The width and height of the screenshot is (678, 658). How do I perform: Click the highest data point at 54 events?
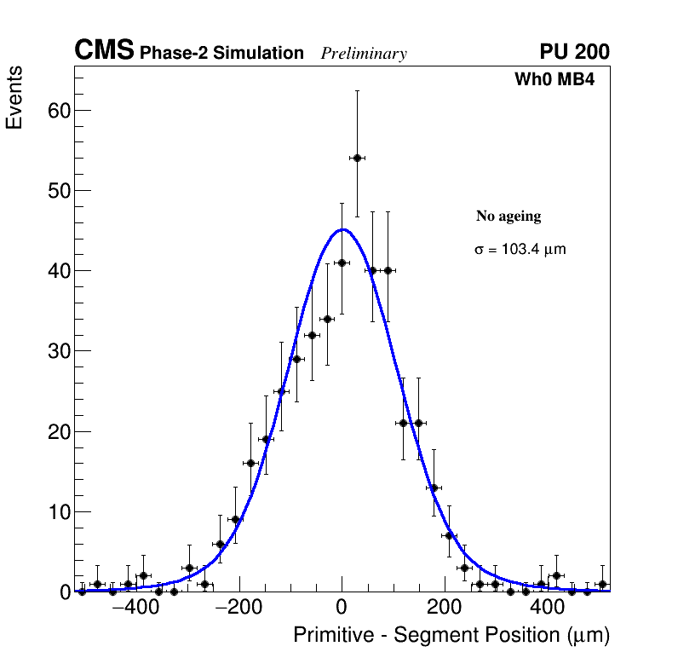tap(357, 158)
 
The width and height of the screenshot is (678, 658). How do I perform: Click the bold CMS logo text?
tap(104, 51)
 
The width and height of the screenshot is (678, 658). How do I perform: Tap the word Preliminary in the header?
tap(364, 54)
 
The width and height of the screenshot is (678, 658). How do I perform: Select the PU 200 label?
tap(574, 52)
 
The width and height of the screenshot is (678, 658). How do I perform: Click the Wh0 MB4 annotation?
tap(554, 80)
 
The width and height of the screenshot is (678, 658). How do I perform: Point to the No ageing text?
tap(508, 216)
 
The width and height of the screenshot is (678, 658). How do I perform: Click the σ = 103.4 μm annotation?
tap(520, 250)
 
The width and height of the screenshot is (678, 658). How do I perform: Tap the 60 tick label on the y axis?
tap(58, 110)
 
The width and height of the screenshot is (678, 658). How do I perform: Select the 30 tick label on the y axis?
tap(58, 351)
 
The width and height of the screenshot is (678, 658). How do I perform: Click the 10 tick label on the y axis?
tap(58, 512)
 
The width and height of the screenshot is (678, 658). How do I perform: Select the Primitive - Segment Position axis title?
tap(451, 636)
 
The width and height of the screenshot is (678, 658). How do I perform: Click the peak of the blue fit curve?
tap(342, 229)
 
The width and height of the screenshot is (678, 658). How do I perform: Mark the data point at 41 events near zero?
tap(342, 263)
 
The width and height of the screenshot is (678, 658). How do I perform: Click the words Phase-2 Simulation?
tap(221, 54)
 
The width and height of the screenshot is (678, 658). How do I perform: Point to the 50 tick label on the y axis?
tap(58, 190)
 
